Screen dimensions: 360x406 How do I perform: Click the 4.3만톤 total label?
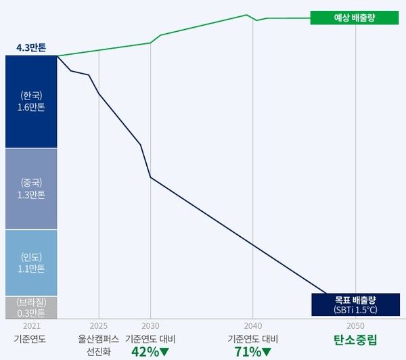31,48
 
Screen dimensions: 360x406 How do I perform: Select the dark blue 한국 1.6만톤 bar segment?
31,101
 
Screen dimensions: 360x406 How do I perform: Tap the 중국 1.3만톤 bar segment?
31,188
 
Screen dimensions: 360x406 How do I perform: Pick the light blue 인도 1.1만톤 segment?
31,263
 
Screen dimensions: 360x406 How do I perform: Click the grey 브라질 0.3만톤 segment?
31,307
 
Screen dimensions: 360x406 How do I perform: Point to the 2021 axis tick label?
31,325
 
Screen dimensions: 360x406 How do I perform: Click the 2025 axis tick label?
99,325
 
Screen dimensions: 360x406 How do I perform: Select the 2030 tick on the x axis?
150,325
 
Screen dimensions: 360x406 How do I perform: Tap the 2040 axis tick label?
253,325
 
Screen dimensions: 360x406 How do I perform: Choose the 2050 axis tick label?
355,325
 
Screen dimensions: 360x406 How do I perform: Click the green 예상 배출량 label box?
355,18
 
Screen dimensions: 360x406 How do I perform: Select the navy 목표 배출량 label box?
355,304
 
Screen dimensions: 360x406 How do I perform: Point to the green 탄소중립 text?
355,339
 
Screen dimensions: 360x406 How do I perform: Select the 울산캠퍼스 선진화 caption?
99,344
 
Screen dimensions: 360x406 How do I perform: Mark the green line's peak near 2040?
246,15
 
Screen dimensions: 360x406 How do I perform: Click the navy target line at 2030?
150,177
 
